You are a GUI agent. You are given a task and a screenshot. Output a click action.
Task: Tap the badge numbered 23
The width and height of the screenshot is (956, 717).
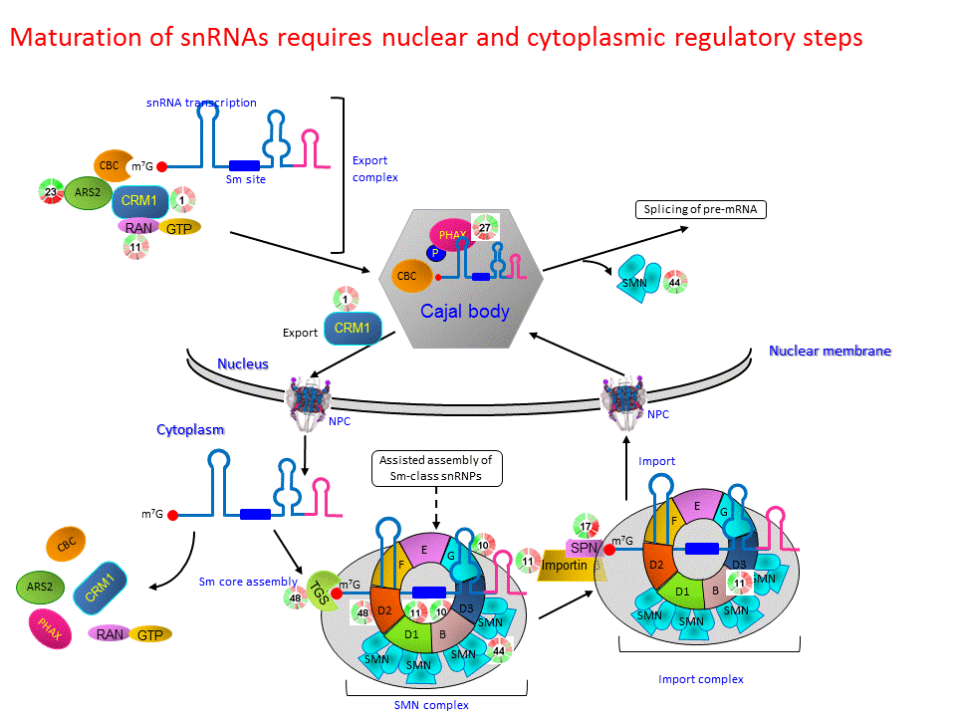(x=50, y=190)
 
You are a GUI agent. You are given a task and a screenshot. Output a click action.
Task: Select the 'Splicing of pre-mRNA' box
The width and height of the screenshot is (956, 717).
(x=700, y=210)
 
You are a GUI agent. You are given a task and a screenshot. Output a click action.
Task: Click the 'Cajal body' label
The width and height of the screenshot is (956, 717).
(x=464, y=311)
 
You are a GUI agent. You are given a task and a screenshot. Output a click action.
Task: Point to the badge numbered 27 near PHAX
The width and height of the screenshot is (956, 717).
(x=485, y=227)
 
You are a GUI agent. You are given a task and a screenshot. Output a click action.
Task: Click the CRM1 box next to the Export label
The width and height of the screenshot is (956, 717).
(x=353, y=327)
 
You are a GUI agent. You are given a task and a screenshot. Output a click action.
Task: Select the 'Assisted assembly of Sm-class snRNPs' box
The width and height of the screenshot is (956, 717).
(x=436, y=468)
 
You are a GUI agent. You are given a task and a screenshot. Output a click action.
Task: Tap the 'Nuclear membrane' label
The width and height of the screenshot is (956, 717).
(x=830, y=351)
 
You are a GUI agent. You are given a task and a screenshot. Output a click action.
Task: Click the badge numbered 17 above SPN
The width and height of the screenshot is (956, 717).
(x=587, y=527)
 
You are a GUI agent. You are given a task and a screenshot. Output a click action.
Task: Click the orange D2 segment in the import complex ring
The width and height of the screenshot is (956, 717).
(x=658, y=565)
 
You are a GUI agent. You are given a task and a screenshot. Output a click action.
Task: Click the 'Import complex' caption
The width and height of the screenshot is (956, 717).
(x=700, y=679)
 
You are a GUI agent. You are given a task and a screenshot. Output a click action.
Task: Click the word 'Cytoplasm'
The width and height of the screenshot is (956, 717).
(x=190, y=429)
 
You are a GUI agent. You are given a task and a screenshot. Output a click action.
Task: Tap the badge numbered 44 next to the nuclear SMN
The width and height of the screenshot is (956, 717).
(x=674, y=282)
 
